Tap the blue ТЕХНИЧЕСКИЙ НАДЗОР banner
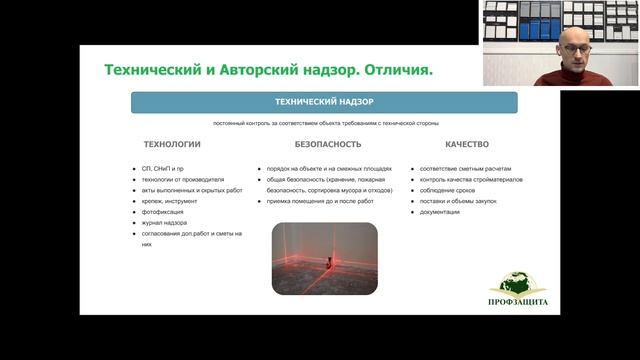click(325, 102)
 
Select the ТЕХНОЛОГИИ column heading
click(171, 144)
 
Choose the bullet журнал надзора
click(166, 223)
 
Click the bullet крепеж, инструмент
click(171, 201)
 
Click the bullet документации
click(440, 212)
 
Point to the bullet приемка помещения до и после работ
click(320, 201)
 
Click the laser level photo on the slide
click(324, 258)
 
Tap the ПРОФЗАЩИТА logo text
click(517, 302)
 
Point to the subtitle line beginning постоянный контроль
click(324, 123)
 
